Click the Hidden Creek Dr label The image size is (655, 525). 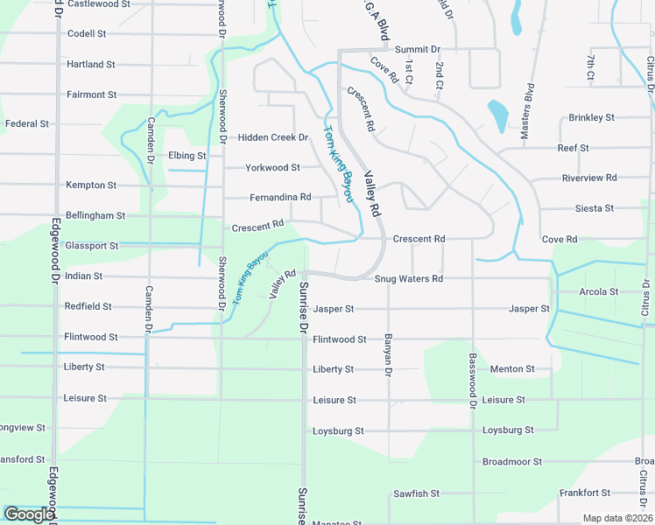click(273, 137)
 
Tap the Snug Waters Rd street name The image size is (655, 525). click(409, 279)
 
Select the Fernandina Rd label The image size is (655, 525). click(280, 197)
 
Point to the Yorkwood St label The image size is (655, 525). click(272, 167)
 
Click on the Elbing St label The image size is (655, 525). click(187, 156)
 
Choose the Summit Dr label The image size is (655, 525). click(418, 50)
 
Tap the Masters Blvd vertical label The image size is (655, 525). click(527, 111)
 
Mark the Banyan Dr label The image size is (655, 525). click(386, 354)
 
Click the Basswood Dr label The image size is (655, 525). click(472, 381)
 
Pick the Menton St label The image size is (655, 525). click(512, 369)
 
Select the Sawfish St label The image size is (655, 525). click(416, 493)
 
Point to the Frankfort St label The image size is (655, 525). click(585, 493)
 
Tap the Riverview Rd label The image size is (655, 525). click(589, 178)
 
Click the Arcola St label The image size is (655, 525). click(599, 291)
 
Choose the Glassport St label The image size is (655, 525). click(91, 246)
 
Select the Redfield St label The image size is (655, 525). click(88, 306)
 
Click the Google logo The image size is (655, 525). click(29, 514)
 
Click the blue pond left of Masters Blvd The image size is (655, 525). click(497, 115)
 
